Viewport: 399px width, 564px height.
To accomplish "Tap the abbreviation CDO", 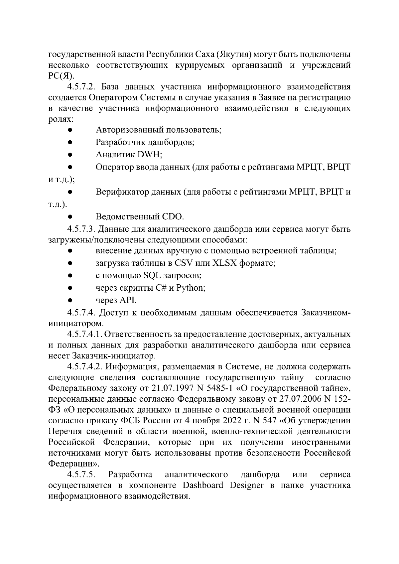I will tap(173, 217).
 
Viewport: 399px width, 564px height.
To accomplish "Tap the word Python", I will tap(189, 288).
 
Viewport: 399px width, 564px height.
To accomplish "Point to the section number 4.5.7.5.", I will tap(81, 474).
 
